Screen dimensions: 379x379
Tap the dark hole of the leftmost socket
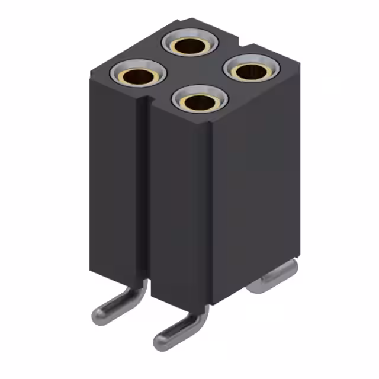[137, 76]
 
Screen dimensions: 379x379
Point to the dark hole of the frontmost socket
[199, 103]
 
